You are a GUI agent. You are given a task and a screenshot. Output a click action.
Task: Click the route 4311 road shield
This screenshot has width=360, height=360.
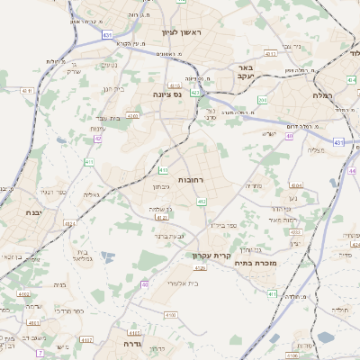click(25, 90)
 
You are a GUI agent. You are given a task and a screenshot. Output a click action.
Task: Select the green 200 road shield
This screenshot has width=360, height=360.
click(263, 100)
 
